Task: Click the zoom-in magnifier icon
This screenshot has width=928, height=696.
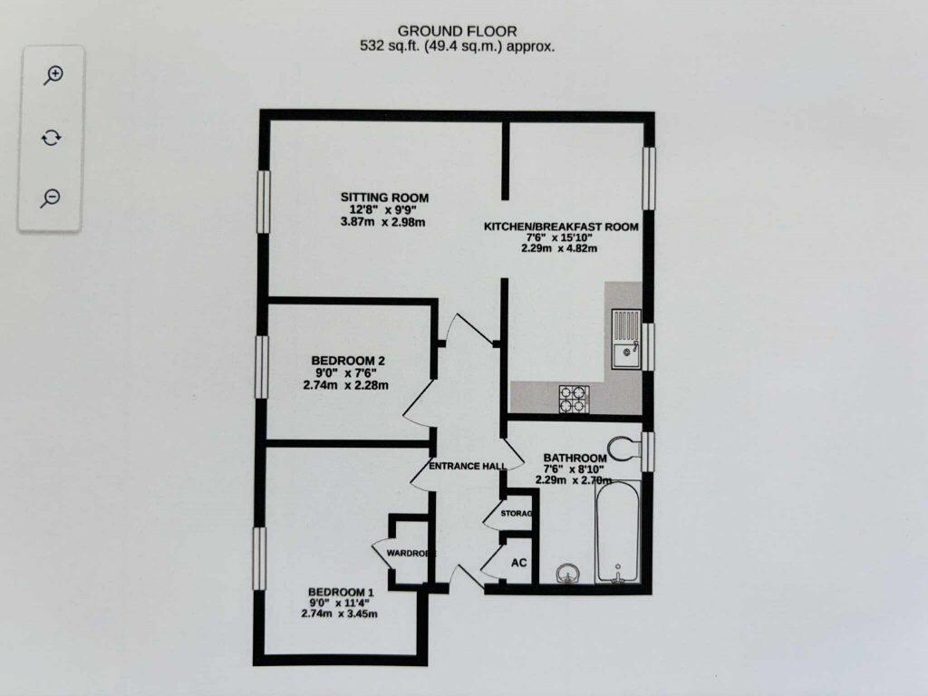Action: (52, 75)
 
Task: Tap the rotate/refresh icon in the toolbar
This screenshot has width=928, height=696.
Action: (52, 137)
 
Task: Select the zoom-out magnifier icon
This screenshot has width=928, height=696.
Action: (52, 198)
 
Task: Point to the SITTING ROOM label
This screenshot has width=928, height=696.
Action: (384, 198)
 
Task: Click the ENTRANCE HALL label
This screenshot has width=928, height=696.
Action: (467, 466)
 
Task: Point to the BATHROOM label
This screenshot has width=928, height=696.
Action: (574, 458)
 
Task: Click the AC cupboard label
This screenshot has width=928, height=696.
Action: (519, 563)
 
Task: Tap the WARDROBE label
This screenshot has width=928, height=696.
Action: (411, 553)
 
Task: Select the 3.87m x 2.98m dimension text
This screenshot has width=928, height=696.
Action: (384, 223)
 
